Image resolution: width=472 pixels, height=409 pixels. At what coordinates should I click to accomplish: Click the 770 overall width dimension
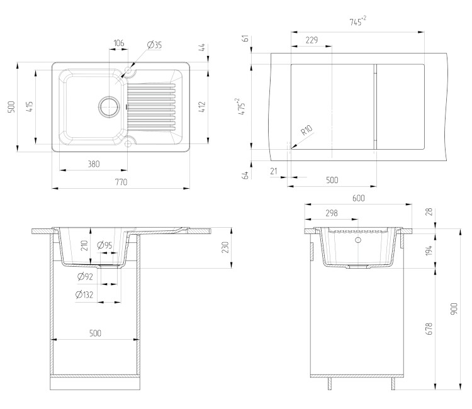click(x=121, y=182)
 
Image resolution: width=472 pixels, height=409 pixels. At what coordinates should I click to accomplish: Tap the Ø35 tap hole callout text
click(x=154, y=45)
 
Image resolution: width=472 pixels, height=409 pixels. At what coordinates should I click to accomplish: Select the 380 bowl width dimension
click(x=94, y=164)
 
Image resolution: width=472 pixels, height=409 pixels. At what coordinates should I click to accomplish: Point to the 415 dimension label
click(x=30, y=107)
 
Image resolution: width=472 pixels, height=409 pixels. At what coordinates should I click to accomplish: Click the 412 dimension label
click(x=202, y=107)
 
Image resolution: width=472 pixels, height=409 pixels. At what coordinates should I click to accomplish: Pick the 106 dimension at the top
click(x=118, y=43)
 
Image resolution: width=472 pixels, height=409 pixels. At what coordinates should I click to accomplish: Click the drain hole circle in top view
click(x=109, y=107)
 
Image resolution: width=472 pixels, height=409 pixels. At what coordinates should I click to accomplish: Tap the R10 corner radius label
click(x=306, y=130)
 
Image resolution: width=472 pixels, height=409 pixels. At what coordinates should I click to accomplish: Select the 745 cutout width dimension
click(x=358, y=21)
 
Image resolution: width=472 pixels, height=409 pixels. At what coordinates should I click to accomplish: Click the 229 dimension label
click(x=312, y=40)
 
